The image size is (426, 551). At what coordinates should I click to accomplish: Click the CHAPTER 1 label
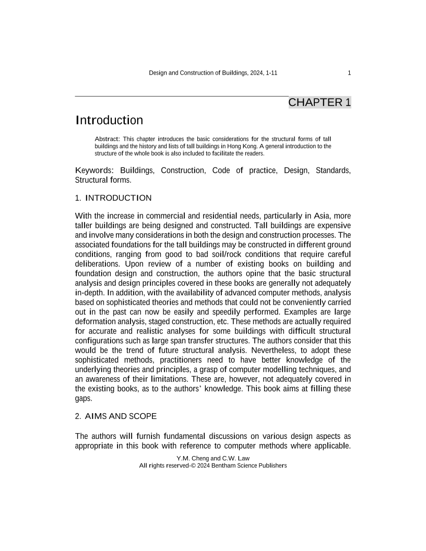(319, 102)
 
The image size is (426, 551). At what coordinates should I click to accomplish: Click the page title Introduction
(109, 121)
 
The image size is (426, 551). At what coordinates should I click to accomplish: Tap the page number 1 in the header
(349, 73)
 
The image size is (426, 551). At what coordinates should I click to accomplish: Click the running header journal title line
(213, 73)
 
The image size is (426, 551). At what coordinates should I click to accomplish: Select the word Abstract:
(107, 138)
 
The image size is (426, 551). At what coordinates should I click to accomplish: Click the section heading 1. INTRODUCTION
(113, 198)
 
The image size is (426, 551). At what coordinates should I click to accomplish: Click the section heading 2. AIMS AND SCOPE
(116, 417)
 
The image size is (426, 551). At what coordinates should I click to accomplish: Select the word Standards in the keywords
(333, 171)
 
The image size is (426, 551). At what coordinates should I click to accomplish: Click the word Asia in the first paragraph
(318, 216)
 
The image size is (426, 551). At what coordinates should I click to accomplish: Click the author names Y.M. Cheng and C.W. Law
(213, 458)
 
